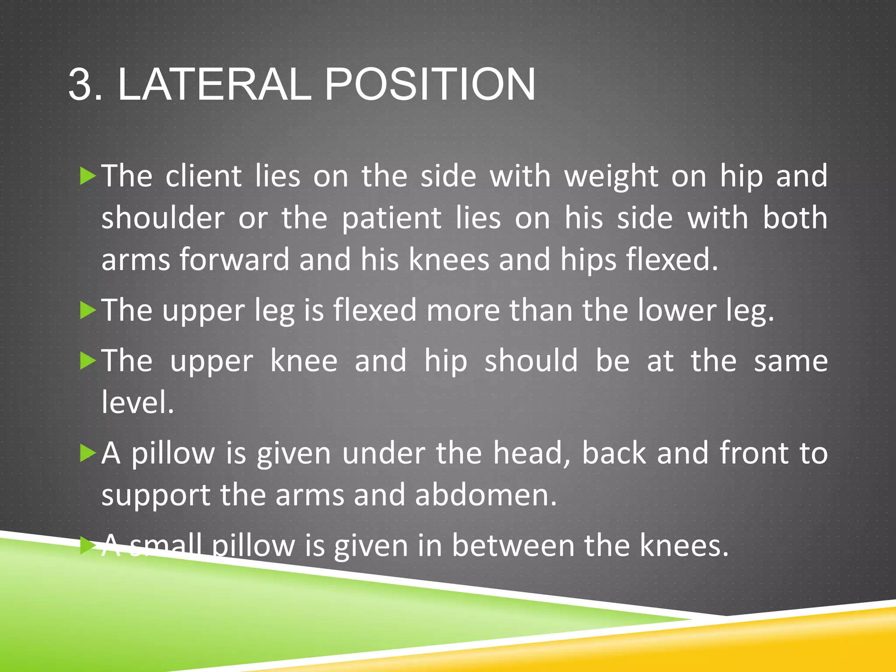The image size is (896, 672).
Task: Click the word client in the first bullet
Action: tap(203, 176)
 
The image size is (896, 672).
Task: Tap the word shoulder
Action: tap(163, 218)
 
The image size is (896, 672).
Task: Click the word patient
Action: tap(392, 218)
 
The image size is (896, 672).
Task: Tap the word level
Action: tap(137, 402)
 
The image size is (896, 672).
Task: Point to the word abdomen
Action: tap(486, 495)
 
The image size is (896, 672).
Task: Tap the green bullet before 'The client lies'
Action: tap(88, 176)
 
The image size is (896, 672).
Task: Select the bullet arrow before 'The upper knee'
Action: tap(88, 361)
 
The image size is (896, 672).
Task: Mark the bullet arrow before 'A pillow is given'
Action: tap(88, 453)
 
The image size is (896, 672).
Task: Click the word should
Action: tap(531, 361)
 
